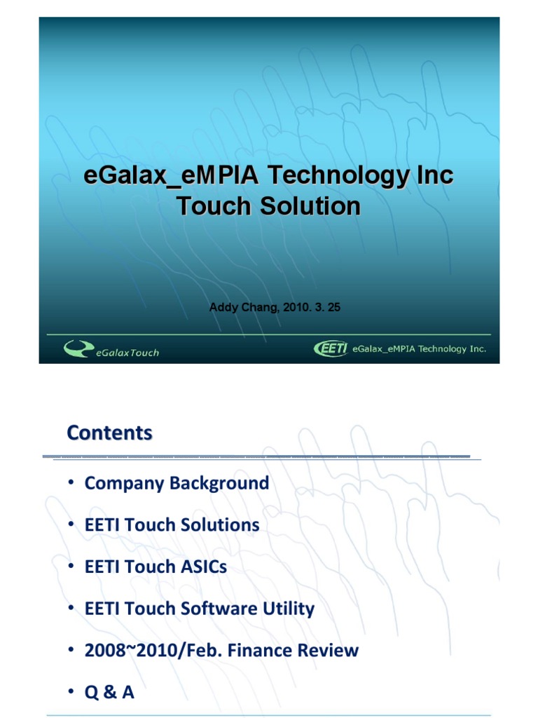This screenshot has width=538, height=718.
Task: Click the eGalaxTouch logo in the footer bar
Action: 111,348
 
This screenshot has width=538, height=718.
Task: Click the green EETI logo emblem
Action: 331,348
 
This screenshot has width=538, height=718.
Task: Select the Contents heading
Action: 109,433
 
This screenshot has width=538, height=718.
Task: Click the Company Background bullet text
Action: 177,483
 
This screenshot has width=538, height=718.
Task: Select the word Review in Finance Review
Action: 328,650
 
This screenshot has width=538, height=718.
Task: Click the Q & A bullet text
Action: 109,692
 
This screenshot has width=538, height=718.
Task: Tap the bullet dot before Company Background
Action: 71,483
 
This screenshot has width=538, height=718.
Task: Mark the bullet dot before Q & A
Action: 71,692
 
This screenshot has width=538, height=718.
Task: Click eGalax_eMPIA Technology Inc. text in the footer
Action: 419,348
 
